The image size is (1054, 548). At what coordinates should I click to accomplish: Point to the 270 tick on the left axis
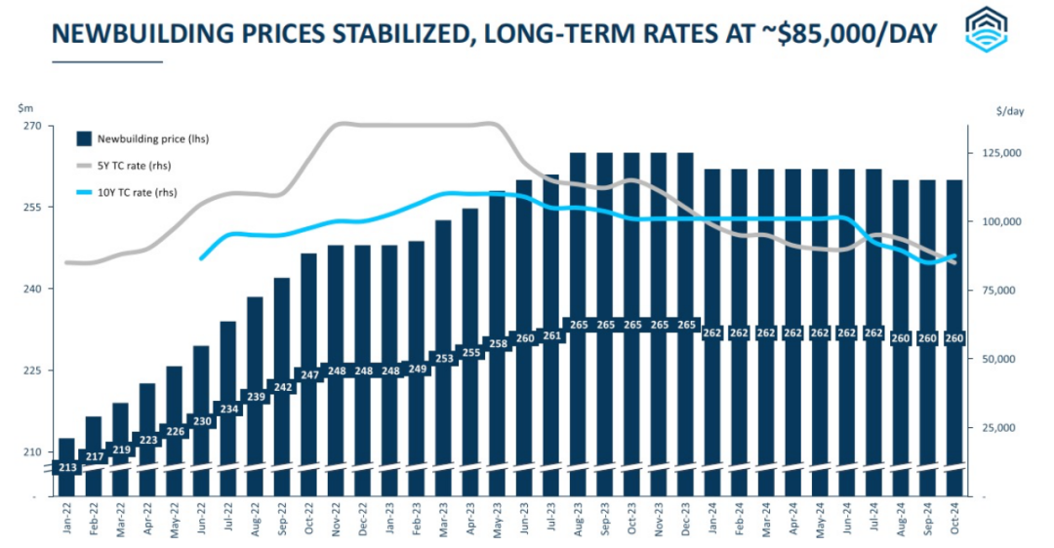(32, 127)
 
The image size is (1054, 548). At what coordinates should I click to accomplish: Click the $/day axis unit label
(1010, 112)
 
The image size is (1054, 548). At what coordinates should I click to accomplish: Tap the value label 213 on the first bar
(66, 468)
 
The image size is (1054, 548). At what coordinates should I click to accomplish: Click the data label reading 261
(551, 336)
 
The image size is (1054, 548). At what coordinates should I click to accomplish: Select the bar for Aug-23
(578, 244)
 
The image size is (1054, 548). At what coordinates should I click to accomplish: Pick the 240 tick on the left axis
(32, 290)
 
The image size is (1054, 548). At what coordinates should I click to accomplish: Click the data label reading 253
(444, 359)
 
